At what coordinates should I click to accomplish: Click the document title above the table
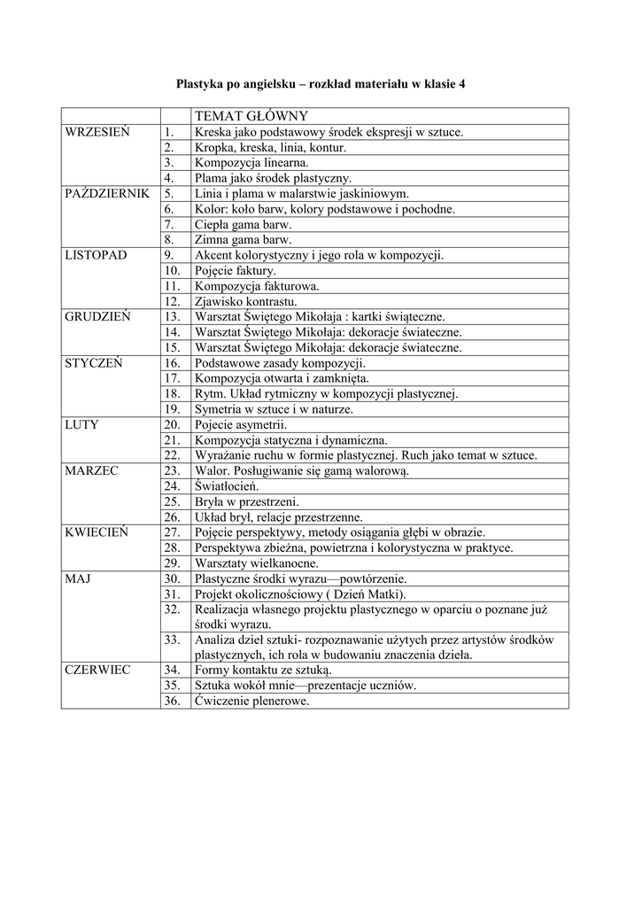(x=321, y=84)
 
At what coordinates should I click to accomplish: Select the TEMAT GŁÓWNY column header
(x=251, y=116)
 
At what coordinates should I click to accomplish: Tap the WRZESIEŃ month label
(x=97, y=132)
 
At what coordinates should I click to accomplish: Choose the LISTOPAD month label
(x=97, y=255)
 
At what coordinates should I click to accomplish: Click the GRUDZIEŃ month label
(x=97, y=316)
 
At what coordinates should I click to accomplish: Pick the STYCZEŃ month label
(x=94, y=363)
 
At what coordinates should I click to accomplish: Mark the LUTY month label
(x=82, y=424)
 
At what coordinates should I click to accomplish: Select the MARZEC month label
(x=92, y=470)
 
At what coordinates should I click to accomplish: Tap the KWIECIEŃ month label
(x=97, y=532)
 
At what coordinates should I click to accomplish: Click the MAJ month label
(x=79, y=578)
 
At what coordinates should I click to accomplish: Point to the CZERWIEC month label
(x=97, y=670)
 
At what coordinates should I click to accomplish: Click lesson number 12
(x=173, y=301)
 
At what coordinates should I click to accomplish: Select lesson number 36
(x=173, y=701)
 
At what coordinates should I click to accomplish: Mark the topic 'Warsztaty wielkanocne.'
(x=256, y=563)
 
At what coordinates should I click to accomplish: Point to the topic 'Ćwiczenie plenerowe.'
(x=252, y=701)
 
